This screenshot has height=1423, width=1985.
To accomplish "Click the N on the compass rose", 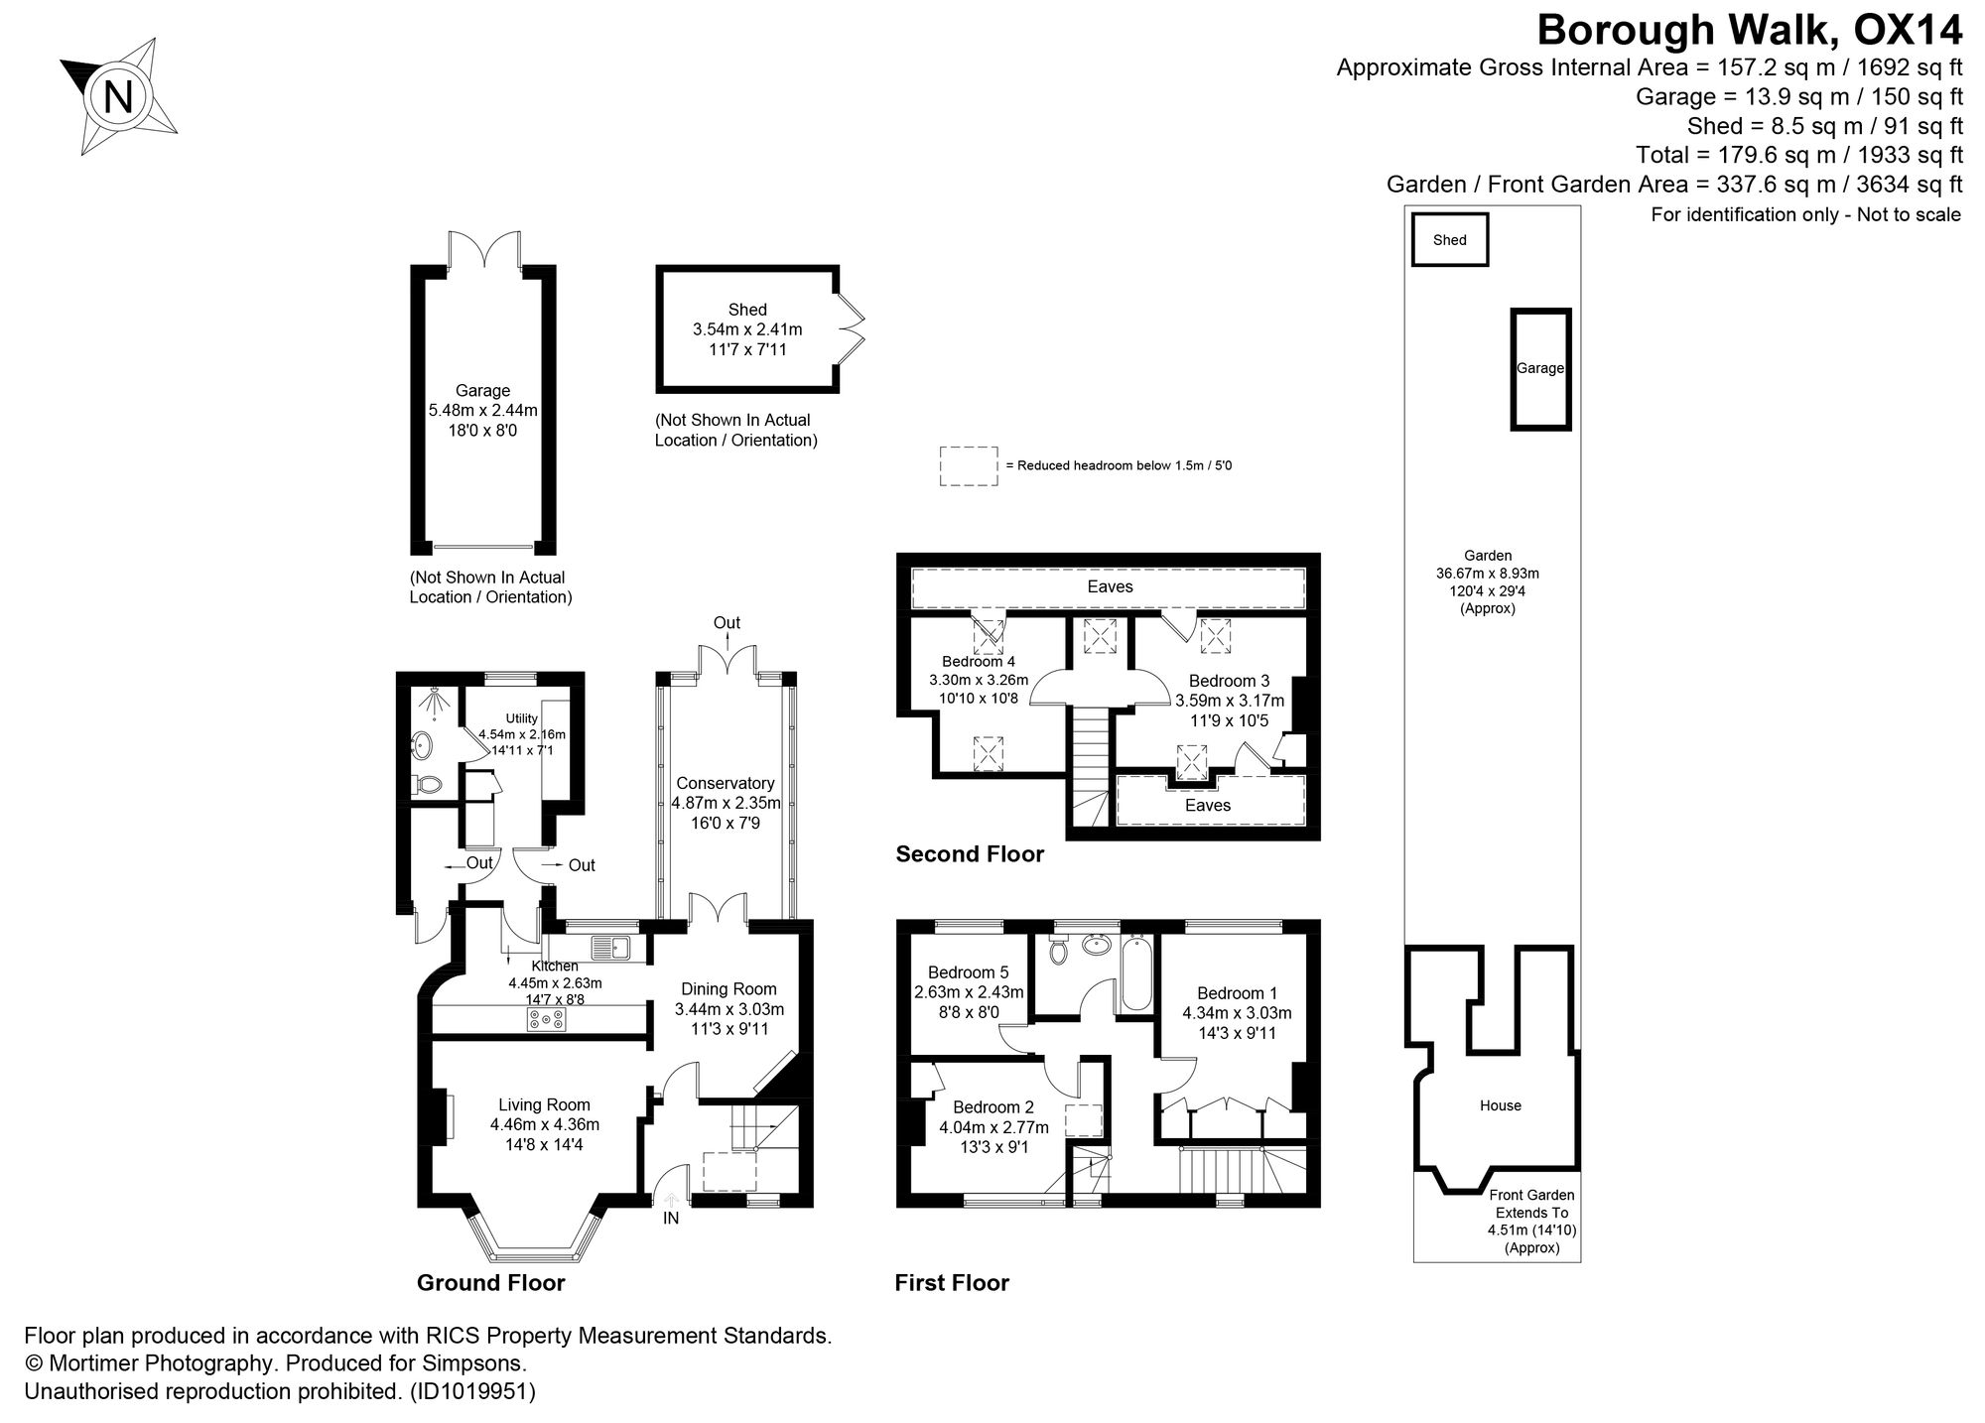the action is click(x=118, y=98).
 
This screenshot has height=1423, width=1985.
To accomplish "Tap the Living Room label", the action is click(x=544, y=1104).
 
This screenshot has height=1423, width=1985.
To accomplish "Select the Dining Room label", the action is click(x=728, y=988).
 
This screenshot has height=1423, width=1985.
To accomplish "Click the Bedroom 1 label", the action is click(x=1237, y=993).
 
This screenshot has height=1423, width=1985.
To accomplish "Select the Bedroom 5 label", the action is click(x=968, y=972).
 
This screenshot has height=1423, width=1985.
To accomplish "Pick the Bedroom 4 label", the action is click(x=978, y=661).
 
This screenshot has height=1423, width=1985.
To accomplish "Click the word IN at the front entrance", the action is click(x=671, y=1218).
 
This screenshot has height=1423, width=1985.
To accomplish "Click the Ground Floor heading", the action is click(x=490, y=1283).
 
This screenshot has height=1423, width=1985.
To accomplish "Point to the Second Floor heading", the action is click(x=970, y=854).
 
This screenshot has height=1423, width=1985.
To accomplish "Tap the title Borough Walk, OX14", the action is click(x=1749, y=30).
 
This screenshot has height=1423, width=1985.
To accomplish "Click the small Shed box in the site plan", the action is click(x=1450, y=239).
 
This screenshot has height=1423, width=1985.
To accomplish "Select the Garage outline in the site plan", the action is click(x=1540, y=369).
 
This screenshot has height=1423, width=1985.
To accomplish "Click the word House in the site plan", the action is click(x=1500, y=1105).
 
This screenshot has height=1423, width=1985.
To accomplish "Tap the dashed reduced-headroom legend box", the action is click(x=969, y=465).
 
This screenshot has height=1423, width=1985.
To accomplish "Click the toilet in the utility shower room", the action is click(x=429, y=785).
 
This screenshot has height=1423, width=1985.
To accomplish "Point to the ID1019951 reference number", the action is click(x=472, y=1391).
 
